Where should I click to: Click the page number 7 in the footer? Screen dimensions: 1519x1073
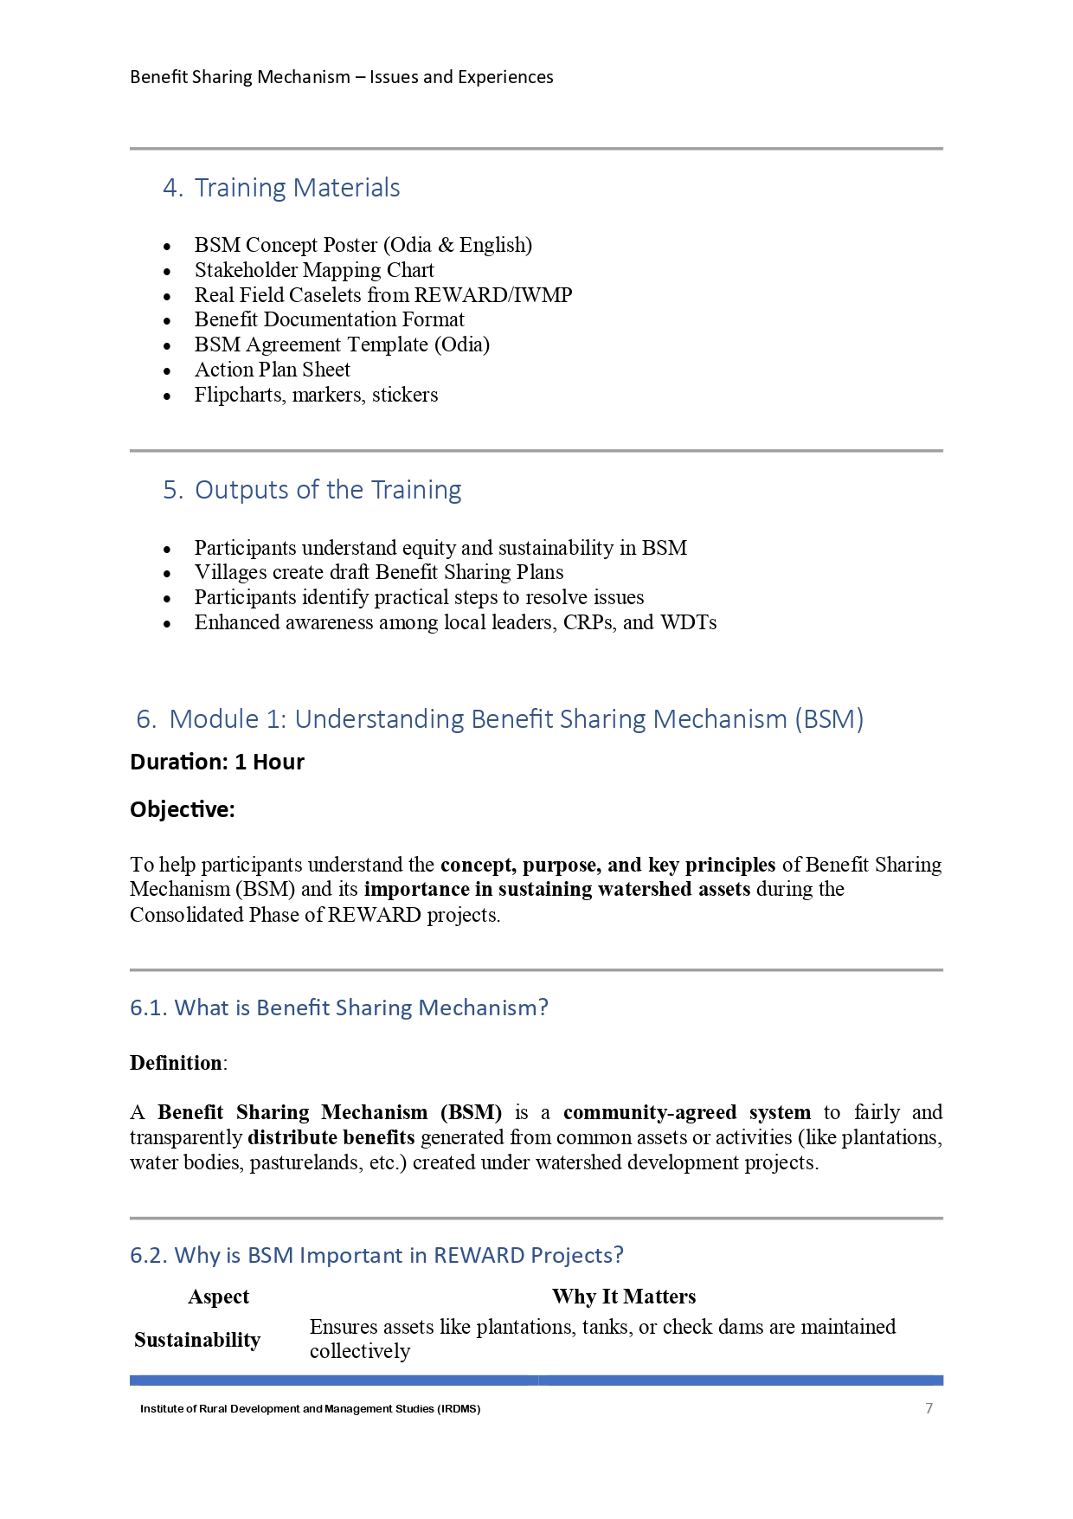pos(928,1408)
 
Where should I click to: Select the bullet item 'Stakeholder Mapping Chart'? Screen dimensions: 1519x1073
pos(314,270)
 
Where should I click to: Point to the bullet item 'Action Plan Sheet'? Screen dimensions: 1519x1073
pos(273,370)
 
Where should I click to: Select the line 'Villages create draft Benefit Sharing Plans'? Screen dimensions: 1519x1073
pos(379,572)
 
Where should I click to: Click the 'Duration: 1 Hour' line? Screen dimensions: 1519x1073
pos(217,762)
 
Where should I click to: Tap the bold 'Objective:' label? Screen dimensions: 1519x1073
pos(183,809)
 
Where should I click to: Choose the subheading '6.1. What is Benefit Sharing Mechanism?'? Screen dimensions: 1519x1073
pos(339,1007)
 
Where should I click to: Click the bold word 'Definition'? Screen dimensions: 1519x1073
pos(176,1063)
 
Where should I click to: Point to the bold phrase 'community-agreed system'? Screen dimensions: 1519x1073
pos(687,1112)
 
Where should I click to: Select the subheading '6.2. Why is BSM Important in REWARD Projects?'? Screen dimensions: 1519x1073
pos(376,1255)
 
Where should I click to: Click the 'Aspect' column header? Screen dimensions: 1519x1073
pos(219,1297)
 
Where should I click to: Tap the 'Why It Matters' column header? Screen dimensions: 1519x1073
pos(624,1297)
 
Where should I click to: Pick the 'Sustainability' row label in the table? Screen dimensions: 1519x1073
pos(197,1340)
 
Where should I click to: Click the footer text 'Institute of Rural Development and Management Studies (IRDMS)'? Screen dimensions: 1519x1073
pos(311,1409)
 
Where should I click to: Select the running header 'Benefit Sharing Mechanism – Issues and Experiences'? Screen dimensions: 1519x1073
pos(342,77)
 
